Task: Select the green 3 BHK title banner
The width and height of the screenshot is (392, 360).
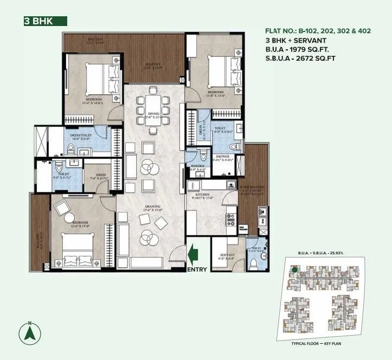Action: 44,22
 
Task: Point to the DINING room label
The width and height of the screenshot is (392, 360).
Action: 153,114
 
